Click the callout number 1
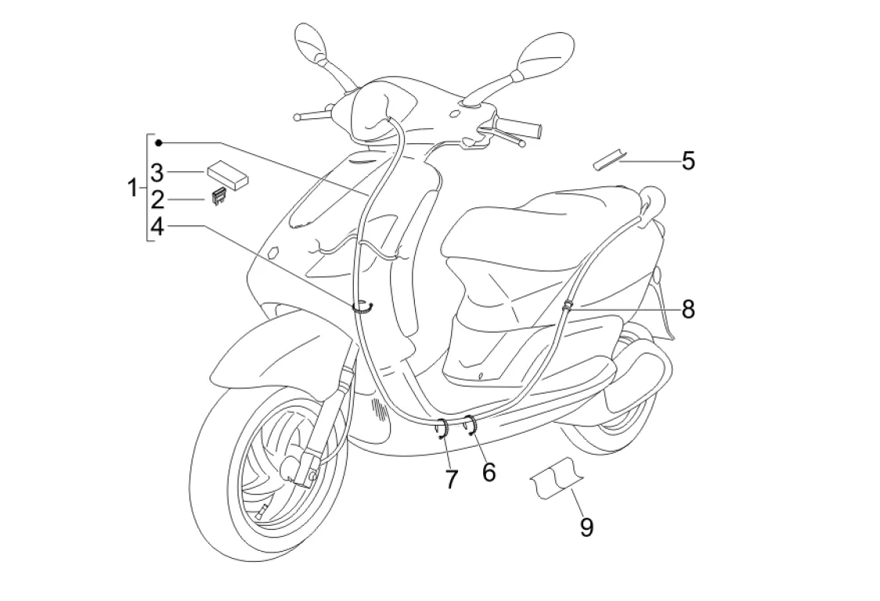coord(134,188)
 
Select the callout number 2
coord(157,199)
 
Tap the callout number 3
coord(157,172)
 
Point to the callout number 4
coord(157,227)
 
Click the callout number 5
coord(688,161)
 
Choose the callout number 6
coord(489,472)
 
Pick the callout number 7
coord(451,480)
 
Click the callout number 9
coord(586,527)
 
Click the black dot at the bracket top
coord(159,142)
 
